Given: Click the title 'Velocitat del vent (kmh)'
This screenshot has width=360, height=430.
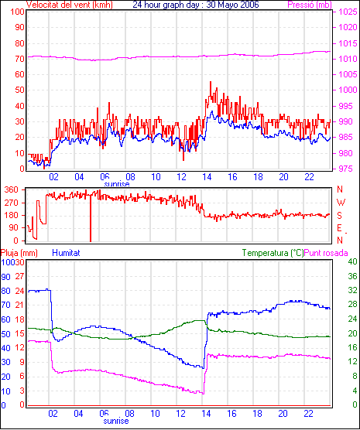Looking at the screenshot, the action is pos(70,5).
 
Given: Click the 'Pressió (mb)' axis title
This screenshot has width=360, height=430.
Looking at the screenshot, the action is pos(310,5).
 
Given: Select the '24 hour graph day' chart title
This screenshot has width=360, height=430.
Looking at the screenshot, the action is pos(166,5).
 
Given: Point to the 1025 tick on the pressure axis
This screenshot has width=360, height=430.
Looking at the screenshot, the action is pos(348,12).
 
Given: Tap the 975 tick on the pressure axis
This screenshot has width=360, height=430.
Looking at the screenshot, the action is pos(345,169).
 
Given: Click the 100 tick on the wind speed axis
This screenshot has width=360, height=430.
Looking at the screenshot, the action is pos(17,12).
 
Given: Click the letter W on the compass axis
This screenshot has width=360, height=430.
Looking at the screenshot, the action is pos(341,203).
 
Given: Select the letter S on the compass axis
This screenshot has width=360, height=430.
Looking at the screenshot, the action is pos(339,216).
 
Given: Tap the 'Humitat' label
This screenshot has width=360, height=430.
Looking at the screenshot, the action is pos(66,253).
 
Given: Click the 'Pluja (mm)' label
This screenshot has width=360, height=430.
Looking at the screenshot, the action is pos(19,253).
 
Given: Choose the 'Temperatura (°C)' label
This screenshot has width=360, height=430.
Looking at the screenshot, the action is pos(273,253).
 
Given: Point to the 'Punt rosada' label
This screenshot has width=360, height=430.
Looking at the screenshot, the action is pos(326,253).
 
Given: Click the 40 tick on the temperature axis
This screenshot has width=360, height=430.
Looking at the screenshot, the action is pos(352,261).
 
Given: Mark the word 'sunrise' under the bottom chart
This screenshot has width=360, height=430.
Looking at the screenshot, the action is pos(116,421).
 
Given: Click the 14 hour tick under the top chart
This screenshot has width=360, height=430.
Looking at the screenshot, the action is pos(207,177).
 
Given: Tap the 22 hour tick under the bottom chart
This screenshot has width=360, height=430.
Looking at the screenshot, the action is pos(308,413).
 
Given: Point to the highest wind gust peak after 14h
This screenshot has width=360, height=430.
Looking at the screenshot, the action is pos(211,82).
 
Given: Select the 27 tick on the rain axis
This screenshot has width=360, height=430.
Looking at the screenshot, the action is pos(19,276).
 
